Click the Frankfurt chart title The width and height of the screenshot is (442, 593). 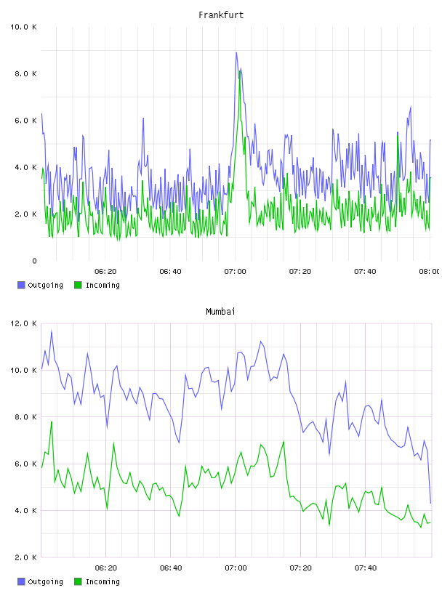221,15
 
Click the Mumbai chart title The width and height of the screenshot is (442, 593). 220,312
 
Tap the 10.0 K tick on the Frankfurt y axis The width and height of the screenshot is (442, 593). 23,27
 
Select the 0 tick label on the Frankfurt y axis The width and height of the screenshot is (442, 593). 34,261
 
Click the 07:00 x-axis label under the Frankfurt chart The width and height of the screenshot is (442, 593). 235,272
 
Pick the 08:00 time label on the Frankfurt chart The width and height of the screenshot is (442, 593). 430,272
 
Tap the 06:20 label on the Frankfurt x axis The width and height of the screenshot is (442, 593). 105,272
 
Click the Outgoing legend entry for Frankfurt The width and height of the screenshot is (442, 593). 41,285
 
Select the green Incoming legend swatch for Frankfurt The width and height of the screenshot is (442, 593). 78,285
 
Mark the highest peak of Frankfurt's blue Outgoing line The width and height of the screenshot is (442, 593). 236,52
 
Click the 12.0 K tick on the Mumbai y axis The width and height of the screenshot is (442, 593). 23,323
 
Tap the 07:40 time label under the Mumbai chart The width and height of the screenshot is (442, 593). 365,568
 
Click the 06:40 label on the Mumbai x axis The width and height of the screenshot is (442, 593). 171,568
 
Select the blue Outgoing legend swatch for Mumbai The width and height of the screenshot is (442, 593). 21,581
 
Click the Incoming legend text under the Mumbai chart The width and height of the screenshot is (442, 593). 103,581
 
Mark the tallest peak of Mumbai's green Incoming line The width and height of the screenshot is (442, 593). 52,421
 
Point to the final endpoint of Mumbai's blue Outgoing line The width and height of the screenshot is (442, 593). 430,503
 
